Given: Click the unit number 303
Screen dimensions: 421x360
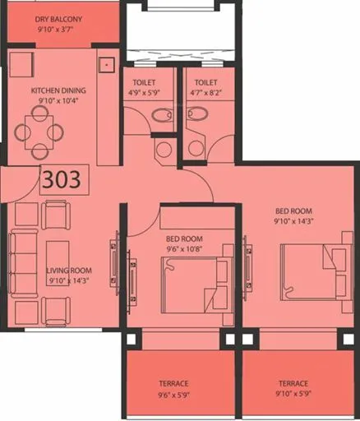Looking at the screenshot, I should pyautogui.click(x=62, y=180).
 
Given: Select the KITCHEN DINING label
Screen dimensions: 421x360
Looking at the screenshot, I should pyautogui.click(x=58, y=91).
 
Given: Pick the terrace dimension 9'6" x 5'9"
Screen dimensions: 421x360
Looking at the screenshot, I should pyautogui.click(x=173, y=394).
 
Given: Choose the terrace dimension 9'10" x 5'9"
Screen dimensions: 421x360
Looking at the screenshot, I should pyautogui.click(x=293, y=394).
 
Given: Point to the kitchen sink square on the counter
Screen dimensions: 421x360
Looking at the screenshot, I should pyautogui.click(x=106, y=63).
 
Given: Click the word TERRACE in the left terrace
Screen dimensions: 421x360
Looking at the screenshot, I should pyautogui.click(x=173, y=384).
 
